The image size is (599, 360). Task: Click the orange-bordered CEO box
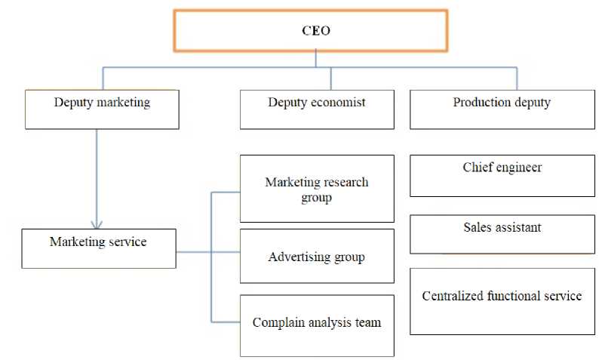[x=310, y=30]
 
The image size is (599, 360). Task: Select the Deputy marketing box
[x=102, y=109]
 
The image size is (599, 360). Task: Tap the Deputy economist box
[x=317, y=109]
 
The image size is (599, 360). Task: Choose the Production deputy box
[x=502, y=109]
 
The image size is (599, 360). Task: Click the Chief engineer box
[x=502, y=175]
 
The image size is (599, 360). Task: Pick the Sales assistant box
[x=502, y=234]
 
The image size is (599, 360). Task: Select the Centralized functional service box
[x=502, y=300]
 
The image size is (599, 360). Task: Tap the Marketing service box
[x=98, y=248]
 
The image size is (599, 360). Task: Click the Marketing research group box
[x=317, y=189]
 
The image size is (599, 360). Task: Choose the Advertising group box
[x=317, y=257]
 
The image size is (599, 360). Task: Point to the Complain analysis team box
[x=317, y=325]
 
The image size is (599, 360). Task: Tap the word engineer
[x=518, y=168]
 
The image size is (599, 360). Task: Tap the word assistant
[x=519, y=227]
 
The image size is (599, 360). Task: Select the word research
[x=343, y=183]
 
